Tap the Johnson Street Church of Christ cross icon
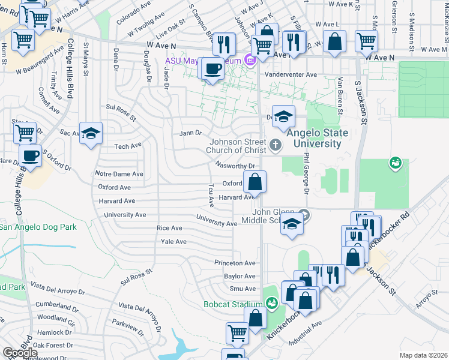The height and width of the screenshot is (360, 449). click(x=275, y=144)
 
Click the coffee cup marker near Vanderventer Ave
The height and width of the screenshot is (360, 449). click(x=212, y=68)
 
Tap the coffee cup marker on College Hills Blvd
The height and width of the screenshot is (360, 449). click(x=30, y=156)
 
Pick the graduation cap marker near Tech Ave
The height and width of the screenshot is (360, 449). click(x=91, y=133)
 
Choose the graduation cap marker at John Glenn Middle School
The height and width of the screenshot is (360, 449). click(x=292, y=224)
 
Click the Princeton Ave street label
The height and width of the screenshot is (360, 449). click(x=235, y=263)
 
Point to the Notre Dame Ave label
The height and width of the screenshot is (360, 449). click(x=119, y=174)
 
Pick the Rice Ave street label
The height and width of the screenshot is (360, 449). click(x=169, y=228)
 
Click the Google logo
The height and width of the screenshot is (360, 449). click(x=20, y=353)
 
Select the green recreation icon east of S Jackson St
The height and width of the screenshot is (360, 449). click(x=395, y=163)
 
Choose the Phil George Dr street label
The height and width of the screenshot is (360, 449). click(x=306, y=173)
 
